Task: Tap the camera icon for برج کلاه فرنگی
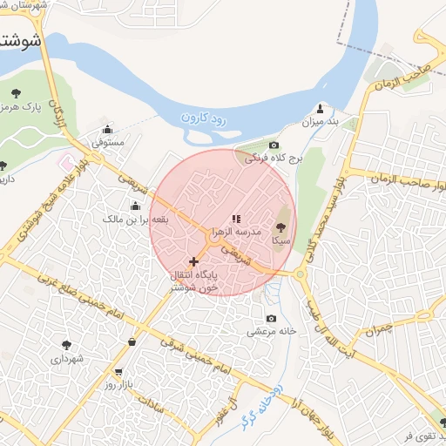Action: pyautogui.click(x=274, y=145)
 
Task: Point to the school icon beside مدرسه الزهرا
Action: pyautogui.click(x=236, y=219)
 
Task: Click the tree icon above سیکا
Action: pyautogui.click(x=280, y=226)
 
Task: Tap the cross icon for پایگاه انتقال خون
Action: pyautogui.click(x=193, y=261)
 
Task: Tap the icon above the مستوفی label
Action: pyautogui.click(x=107, y=128)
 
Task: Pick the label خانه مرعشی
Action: pyautogui.click(x=273, y=332)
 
